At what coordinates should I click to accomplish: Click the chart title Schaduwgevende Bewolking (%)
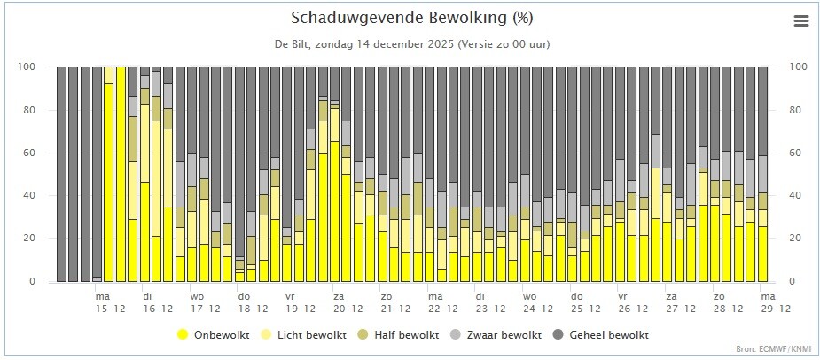(411, 19)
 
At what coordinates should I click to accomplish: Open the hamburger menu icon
(801, 21)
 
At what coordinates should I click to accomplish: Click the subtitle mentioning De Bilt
(411, 43)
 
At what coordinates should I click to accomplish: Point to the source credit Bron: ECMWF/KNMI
(772, 349)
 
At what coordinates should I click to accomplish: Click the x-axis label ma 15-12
(104, 302)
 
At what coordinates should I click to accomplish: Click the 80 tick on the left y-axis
(30, 110)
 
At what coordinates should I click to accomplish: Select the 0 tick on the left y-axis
(33, 282)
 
